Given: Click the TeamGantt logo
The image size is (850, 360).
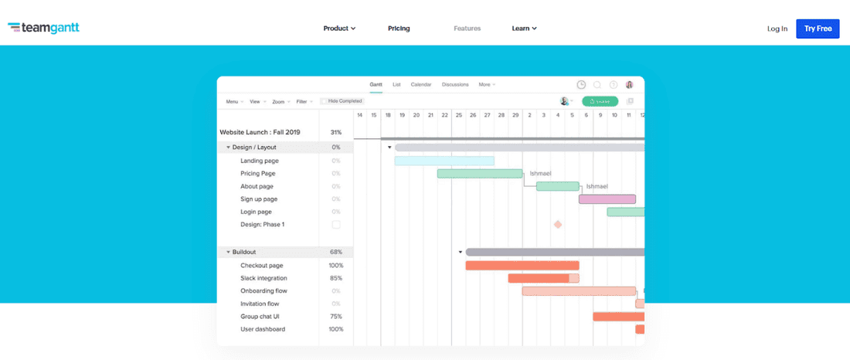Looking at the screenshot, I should click(x=43, y=29).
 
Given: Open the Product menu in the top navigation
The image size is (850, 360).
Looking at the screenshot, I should click(x=338, y=29).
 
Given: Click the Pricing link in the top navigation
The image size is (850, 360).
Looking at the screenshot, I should click(x=399, y=29).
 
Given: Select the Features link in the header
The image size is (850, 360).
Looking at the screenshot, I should click(x=467, y=29).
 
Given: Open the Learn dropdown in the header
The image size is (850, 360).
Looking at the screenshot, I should click(x=524, y=29).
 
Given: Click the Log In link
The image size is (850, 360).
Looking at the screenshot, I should click(x=777, y=29).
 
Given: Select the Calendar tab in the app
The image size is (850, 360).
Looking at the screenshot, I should click(x=421, y=84).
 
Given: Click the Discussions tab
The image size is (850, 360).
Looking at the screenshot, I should click(x=455, y=84).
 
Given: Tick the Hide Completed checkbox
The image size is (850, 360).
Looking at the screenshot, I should click(x=324, y=101).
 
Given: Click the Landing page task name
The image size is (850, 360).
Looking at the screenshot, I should click(x=259, y=161).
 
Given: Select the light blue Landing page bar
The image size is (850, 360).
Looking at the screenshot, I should click(x=444, y=161).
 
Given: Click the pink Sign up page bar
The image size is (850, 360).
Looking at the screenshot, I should click(x=607, y=199).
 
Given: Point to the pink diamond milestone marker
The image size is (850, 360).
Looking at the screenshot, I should click(x=557, y=225).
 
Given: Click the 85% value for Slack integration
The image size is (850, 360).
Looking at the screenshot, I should click(x=335, y=278).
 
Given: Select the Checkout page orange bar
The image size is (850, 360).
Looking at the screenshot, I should click(x=522, y=266).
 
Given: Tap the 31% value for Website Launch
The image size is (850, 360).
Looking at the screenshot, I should click(x=335, y=132).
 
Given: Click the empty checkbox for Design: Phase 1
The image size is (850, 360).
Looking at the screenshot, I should click(x=335, y=225).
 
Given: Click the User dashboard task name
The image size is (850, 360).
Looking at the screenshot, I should click(x=262, y=329).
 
